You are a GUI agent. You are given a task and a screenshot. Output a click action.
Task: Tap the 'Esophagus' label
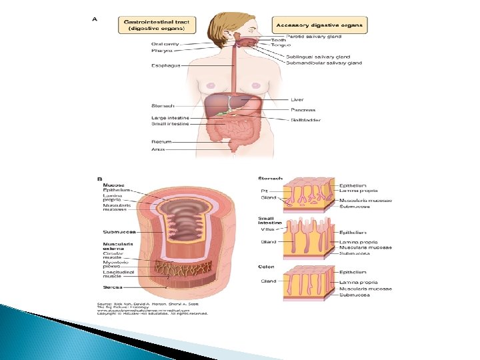pos(165,65)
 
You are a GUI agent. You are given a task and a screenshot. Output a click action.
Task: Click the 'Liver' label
pos(298,100)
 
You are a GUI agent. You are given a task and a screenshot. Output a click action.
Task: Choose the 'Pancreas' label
pos(303,109)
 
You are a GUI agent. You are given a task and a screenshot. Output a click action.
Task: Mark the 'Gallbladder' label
pos(306,120)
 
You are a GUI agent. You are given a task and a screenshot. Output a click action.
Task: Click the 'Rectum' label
pos(161,141)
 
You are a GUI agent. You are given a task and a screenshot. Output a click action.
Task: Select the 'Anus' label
pos(159,149)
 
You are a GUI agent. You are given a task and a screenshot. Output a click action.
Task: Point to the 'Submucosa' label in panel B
pos(120,232)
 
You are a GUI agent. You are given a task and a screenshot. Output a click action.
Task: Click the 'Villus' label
pos(267,229)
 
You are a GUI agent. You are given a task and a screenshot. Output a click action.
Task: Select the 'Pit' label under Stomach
pos(264,191)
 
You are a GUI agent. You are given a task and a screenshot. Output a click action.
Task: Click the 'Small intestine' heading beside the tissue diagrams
pos(269,221)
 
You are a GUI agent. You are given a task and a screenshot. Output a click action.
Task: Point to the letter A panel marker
pos(95,19)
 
